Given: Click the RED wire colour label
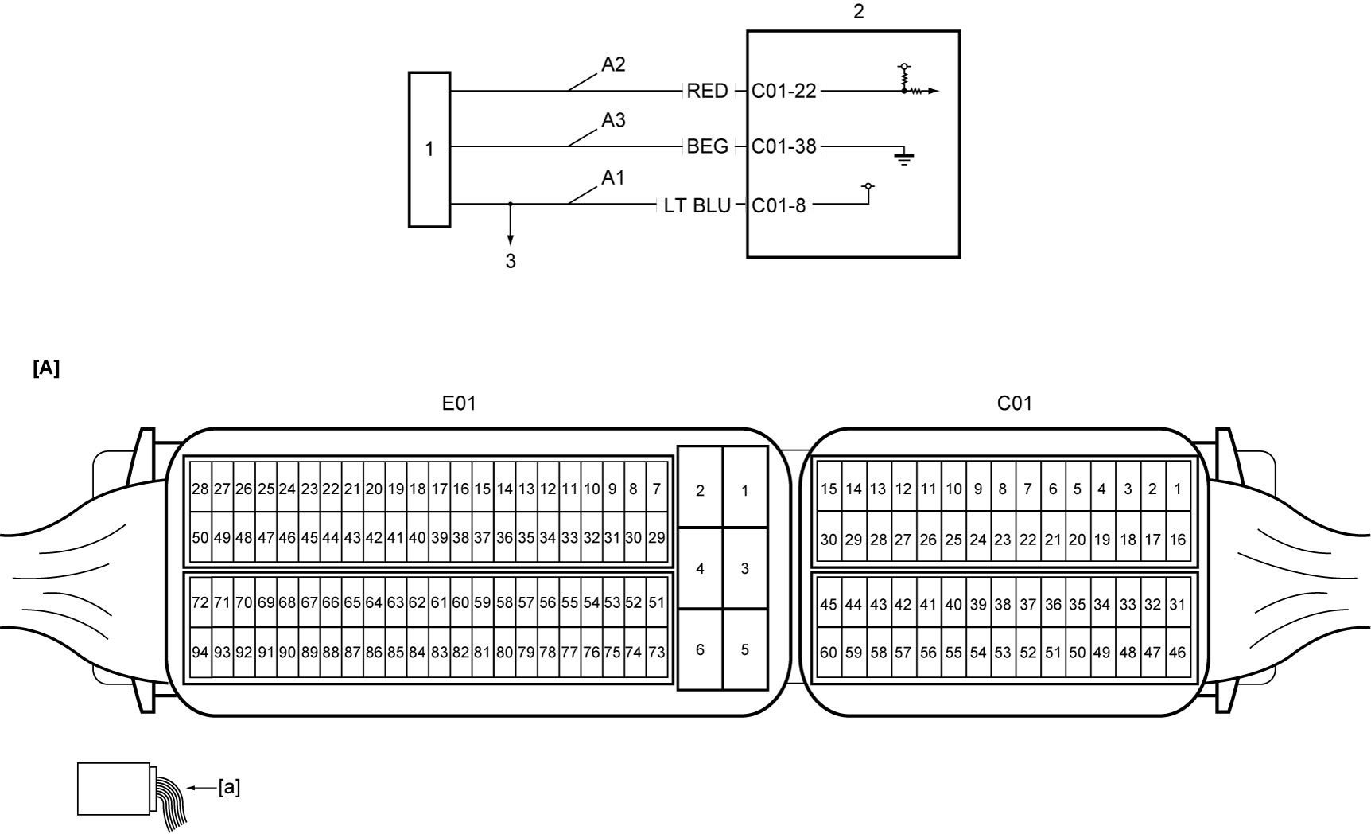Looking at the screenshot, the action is (x=707, y=91).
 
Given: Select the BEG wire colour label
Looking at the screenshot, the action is (x=707, y=146).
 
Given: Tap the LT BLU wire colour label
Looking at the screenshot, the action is (x=697, y=205).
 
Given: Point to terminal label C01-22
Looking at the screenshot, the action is (x=784, y=91).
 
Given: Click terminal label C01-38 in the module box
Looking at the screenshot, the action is (x=784, y=146).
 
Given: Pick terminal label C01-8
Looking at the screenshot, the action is (x=779, y=205).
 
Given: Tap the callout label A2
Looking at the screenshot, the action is (x=613, y=64).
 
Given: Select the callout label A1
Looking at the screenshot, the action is (x=613, y=178).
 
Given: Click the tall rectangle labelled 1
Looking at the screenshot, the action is (x=429, y=150).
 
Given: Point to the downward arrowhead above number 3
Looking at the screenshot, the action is (x=511, y=240).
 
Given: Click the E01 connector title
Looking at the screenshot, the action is (x=459, y=403).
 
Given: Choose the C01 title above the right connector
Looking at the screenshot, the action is (x=1015, y=403).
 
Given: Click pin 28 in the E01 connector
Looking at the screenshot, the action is (x=200, y=489).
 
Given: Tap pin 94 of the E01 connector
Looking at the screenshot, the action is (x=200, y=653).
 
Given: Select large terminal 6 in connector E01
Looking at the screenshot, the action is (x=700, y=649).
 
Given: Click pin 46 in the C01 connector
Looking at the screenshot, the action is (x=1178, y=653).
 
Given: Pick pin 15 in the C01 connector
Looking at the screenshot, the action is (x=829, y=489).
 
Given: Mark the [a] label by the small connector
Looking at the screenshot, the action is (x=229, y=788).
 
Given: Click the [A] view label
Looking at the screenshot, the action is (x=46, y=368).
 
